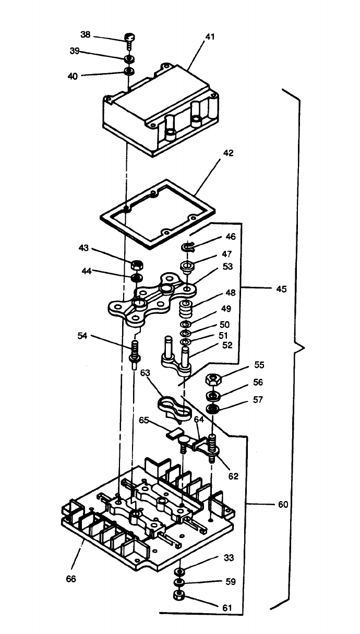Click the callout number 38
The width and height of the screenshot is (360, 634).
pyautogui.click(x=85, y=34)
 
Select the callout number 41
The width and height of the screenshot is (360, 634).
pyautogui.click(x=210, y=37)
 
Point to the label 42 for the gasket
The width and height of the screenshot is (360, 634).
pyautogui.click(x=228, y=153)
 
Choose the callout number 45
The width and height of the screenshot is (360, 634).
pyautogui.click(x=281, y=288)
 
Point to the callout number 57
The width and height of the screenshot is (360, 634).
pyautogui.click(x=258, y=400)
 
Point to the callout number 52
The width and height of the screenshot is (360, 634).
pyautogui.click(x=227, y=345)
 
